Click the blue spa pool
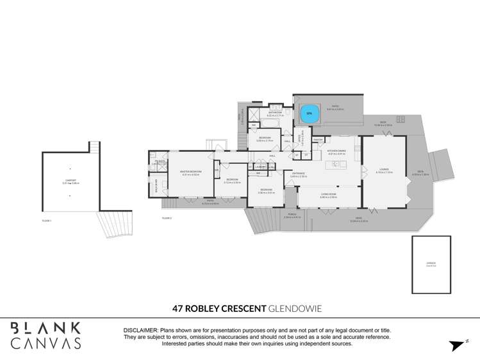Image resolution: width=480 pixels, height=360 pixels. coord(309,113)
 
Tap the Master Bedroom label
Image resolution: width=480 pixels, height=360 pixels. coord(191,173)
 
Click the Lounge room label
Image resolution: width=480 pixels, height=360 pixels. coord(383,170)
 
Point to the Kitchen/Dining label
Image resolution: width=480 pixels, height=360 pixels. coord(336,152)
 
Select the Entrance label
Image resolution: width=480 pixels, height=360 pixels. coord(299,174)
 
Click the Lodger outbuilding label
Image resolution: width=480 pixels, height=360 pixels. coord(431,262)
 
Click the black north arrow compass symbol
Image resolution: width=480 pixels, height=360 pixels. coord(456,345)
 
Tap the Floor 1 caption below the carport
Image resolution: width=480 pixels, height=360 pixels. coord(46,220)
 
